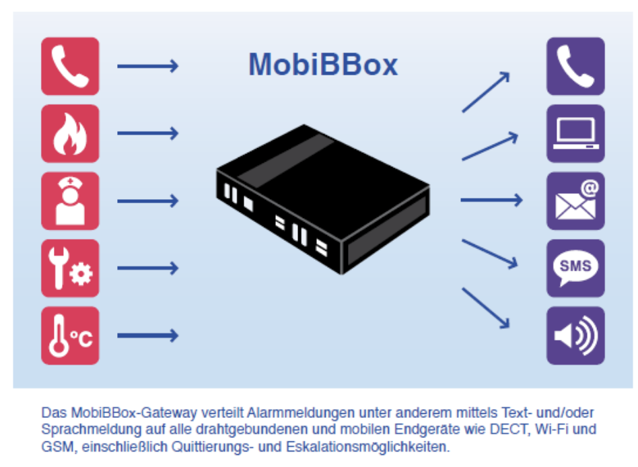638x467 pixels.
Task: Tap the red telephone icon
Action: [x=70, y=66]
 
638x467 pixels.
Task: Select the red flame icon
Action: [x=70, y=133]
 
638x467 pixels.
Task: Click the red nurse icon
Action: [x=70, y=201]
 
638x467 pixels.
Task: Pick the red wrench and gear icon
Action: [x=70, y=268]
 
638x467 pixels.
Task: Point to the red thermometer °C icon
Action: [x=70, y=335]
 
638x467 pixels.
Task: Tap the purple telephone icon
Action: [x=575, y=66]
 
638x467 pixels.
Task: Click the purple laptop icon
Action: [x=575, y=133]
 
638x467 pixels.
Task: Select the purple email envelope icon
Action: [x=575, y=201]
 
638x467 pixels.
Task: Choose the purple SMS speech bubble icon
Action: [x=575, y=268]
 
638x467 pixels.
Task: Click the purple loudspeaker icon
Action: [x=575, y=335]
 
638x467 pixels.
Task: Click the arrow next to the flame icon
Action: [x=148, y=133]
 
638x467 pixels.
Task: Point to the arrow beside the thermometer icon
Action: [x=148, y=335]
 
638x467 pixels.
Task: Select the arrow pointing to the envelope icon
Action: [x=491, y=200]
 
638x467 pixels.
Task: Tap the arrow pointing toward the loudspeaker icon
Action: [x=485, y=309]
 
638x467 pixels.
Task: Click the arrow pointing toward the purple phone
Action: [x=485, y=92]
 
